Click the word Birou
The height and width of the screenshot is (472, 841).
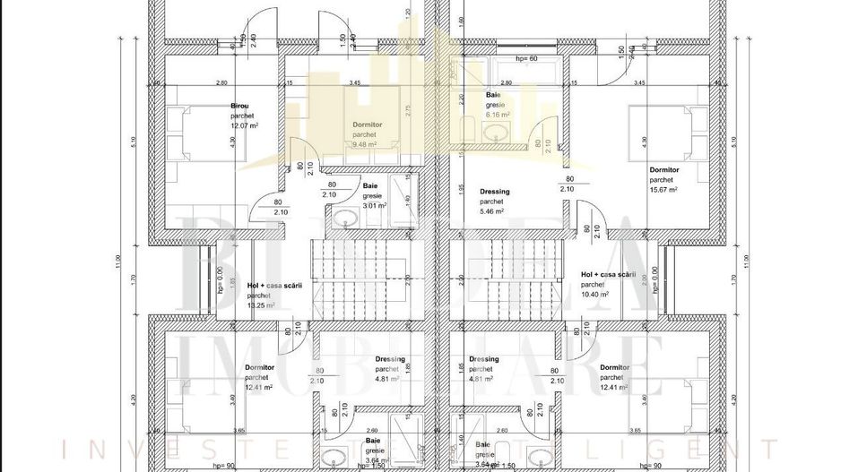tap(239, 106)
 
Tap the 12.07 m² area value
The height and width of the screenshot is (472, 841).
tap(243, 125)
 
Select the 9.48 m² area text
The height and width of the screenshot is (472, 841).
tap(364, 144)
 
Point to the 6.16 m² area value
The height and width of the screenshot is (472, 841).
tap(498, 115)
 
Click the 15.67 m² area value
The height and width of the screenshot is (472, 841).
tap(663, 189)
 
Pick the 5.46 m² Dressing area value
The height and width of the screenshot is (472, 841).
tap(493, 211)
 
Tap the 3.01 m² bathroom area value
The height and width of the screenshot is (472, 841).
tap(374, 205)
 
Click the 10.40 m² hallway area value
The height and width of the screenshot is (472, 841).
tap(594, 294)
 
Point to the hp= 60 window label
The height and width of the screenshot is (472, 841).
tap(526, 58)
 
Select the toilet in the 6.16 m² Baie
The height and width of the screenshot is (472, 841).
tap(469, 127)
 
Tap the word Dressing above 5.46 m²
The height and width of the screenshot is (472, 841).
tap(495, 192)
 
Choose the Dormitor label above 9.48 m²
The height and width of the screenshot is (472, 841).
tap(368, 124)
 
